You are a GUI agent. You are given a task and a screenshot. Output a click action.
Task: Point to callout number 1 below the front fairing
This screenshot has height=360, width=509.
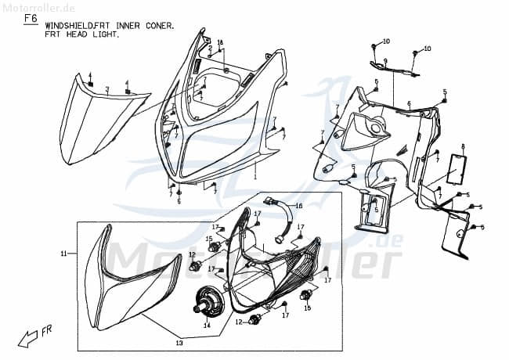pos(254,178)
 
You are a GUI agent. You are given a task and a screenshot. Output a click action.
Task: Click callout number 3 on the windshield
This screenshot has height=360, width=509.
pos(107,90)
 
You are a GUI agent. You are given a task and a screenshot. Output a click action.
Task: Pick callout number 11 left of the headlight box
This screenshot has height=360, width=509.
pos(63,254)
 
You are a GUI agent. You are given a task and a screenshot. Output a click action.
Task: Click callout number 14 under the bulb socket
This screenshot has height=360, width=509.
pos(207,325)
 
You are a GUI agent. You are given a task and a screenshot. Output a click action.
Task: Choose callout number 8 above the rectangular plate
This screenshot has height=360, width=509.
pos(463,146)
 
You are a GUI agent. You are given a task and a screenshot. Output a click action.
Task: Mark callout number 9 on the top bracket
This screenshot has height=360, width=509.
pos(384,61)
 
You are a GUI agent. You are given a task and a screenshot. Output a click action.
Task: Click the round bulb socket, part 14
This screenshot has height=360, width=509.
pos(210,299)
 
